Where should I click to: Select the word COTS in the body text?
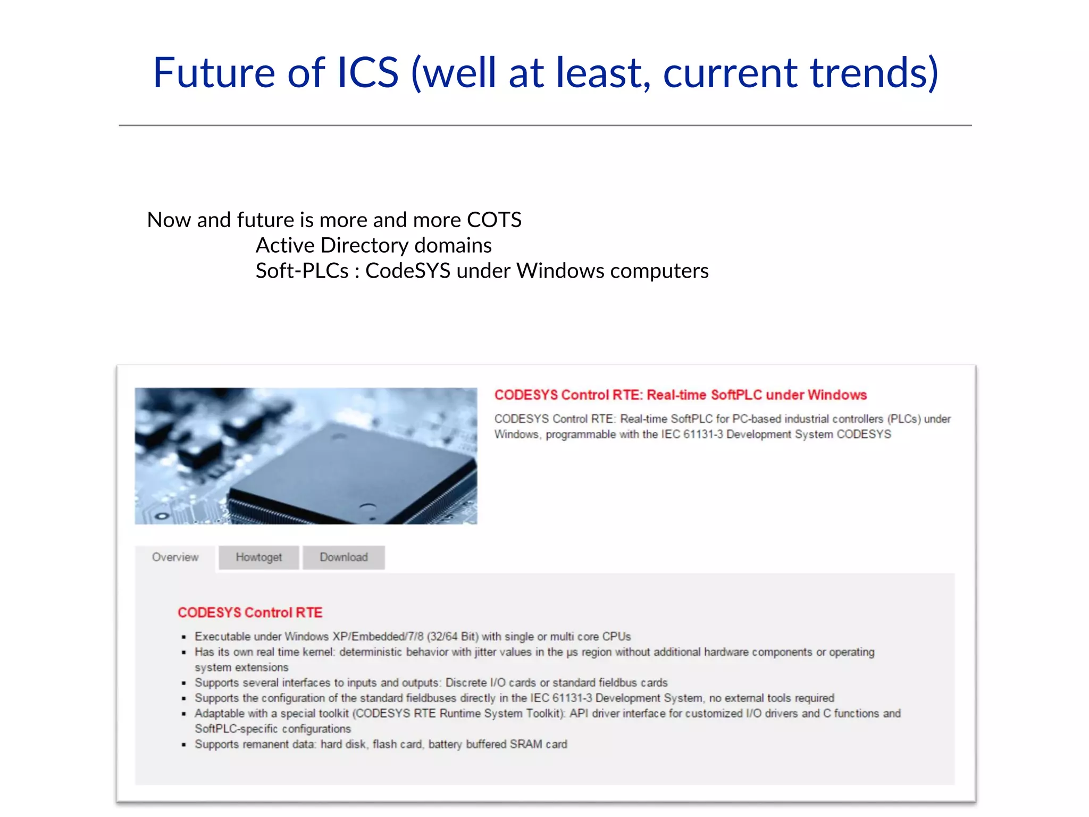[x=494, y=220]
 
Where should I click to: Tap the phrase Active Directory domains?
[x=373, y=245]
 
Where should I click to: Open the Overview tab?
[x=175, y=557]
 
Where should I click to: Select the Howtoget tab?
[x=258, y=557]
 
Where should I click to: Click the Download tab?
[x=344, y=557]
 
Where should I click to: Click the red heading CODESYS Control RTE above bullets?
[x=250, y=612]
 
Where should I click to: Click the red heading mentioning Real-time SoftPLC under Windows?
[x=680, y=395]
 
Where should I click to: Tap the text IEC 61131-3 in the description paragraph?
[x=692, y=434]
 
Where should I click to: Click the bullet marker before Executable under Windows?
[x=184, y=637]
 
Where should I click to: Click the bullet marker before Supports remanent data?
[x=184, y=745]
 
